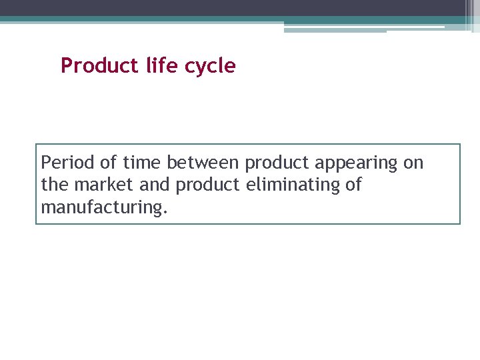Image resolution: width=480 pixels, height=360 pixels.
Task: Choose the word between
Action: (203, 163)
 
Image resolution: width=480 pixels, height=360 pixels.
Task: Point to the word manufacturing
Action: (101, 208)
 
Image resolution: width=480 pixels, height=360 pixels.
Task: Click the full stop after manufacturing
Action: (165, 213)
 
